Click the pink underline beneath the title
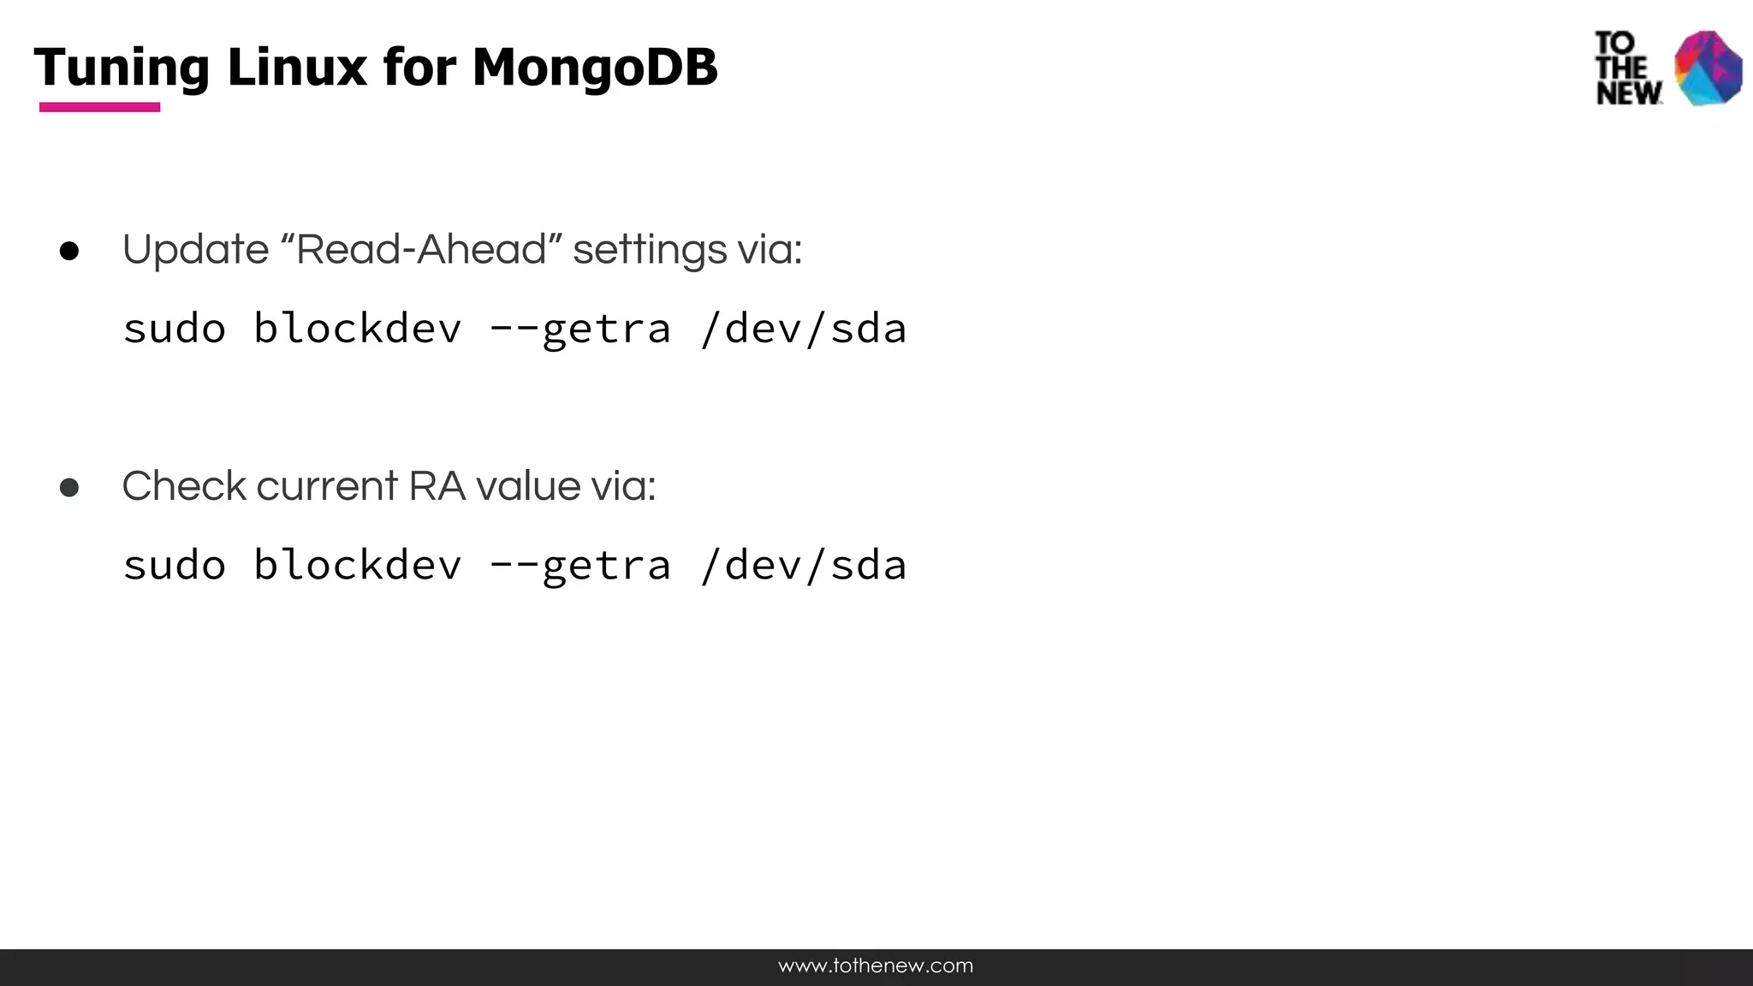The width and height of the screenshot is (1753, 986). [x=99, y=107]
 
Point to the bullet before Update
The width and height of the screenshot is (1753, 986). [x=69, y=252]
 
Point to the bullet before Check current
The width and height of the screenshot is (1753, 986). [x=69, y=488]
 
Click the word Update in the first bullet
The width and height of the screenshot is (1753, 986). [x=195, y=250]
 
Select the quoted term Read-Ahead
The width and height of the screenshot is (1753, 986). [x=420, y=249]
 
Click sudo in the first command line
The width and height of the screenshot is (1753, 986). [x=175, y=330]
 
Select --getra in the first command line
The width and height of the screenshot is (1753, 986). [x=579, y=330]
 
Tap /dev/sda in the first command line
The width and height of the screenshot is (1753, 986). [x=803, y=330]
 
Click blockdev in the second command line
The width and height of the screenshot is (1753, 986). [x=357, y=566]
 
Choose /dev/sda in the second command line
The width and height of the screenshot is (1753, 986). [x=803, y=566]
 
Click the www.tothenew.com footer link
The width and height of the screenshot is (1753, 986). [x=876, y=966]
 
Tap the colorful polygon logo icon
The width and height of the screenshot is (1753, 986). [x=1708, y=68]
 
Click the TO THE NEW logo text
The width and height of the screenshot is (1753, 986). [x=1627, y=68]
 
